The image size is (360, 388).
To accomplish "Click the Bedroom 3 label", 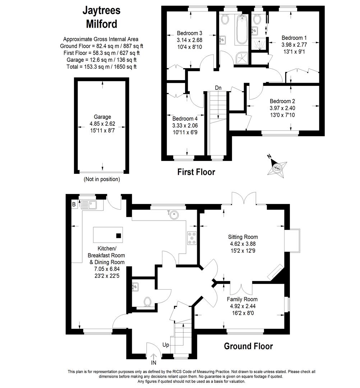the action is click(190, 33).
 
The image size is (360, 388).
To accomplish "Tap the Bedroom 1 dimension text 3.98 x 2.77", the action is click(294, 45).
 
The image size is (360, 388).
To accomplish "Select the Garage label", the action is click(102, 117).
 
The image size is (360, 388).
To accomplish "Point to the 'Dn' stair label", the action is click(218, 88).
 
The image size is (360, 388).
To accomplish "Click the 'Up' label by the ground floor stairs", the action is click(166, 345).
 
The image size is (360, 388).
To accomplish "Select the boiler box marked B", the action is click(74, 204).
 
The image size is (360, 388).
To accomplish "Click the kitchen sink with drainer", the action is click(89, 205).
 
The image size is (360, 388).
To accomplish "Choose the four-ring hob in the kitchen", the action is click(192, 238).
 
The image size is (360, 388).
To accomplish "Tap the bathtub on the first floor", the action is click(241, 29).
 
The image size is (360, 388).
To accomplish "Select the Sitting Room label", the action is click(243, 237).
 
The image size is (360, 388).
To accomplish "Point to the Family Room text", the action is click(242, 299).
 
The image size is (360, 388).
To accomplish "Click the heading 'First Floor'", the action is click(196, 172).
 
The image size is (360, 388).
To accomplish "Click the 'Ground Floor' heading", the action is click(248, 346).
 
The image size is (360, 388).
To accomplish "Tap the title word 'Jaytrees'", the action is click(101, 10).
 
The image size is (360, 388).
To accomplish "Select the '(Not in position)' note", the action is click(102, 179).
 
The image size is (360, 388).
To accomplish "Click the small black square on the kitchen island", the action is click(119, 236).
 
